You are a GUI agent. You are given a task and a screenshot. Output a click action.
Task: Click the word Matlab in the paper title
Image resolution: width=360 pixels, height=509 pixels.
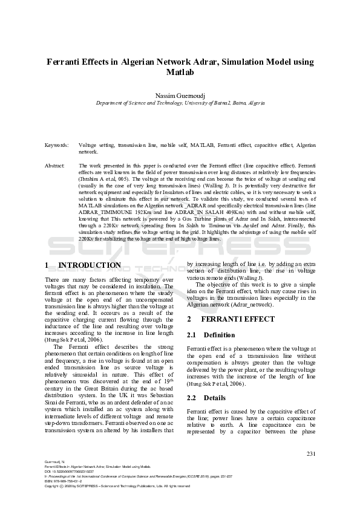pyautogui.click(x=180, y=73)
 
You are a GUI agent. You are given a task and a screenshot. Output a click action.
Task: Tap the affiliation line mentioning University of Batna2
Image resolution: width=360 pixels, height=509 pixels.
pyautogui.click(x=180, y=103)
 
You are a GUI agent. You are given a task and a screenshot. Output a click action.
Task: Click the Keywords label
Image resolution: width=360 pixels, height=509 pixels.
pyautogui.click(x=56, y=146)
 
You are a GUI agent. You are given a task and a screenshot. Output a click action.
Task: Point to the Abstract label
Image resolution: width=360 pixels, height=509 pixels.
pyautogui.click(x=56, y=165)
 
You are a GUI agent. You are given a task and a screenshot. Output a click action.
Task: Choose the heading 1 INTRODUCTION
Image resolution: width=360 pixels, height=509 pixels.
pyautogui.click(x=83, y=265)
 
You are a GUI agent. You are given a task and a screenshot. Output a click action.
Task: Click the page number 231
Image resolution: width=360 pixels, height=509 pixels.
pyautogui.click(x=311, y=453)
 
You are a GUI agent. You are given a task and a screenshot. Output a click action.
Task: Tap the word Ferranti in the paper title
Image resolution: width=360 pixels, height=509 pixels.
pyautogui.click(x=67, y=62)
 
